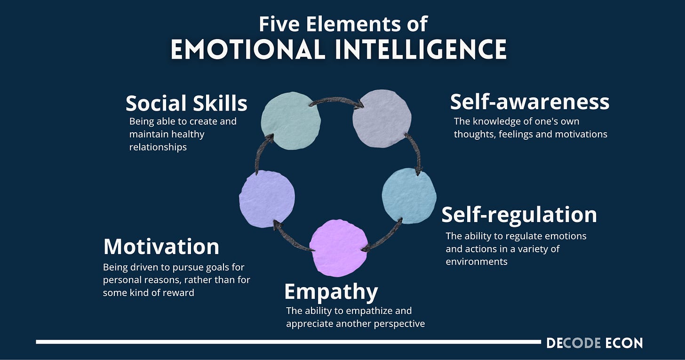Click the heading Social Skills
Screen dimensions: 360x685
186,104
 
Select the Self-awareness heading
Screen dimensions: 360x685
529,102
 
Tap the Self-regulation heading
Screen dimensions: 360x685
519,215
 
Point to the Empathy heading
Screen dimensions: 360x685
331,292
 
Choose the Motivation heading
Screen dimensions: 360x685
161,247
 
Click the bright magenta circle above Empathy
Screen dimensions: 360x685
338,248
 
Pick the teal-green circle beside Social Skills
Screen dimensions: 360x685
291,121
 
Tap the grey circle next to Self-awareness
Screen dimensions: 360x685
382,119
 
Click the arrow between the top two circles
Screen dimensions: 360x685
336,101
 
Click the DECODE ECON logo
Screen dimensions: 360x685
594,343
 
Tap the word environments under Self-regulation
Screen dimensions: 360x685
477,261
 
